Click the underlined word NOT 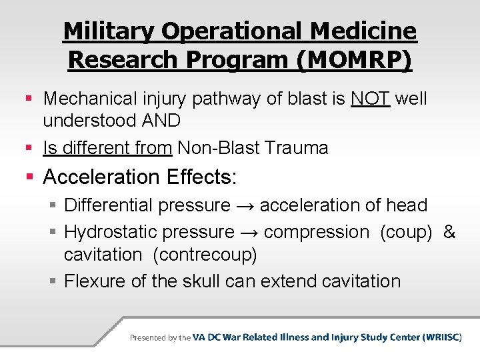coord(370,99)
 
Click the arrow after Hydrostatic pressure coord(249,233)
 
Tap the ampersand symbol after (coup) coord(449,232)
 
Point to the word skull coord(200,281)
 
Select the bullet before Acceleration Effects coord(29,178)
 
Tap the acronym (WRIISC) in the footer coord(442,337)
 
